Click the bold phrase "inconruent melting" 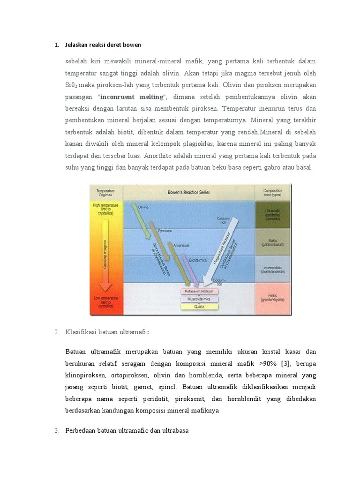[x=132, y=97]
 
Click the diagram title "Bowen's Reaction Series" [x=188, y=192]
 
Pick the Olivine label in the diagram [x=143, y=206]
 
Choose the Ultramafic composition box [x=273, y=215]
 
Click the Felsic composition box [x=273, y=298]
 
